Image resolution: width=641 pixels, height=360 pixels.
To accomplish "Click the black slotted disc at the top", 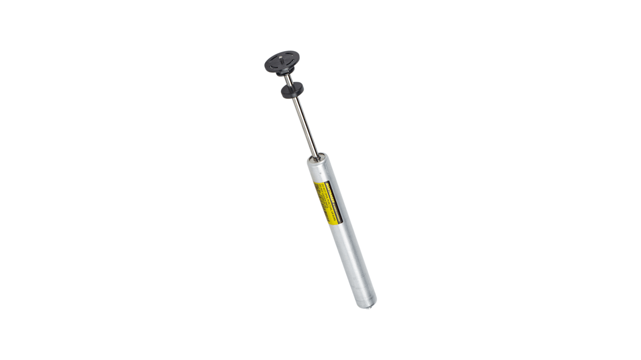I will tap(282, 60).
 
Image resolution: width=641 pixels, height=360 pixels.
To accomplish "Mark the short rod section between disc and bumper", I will tap(287, 80).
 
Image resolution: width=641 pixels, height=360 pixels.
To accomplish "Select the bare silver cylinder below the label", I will tap(350, 256).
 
